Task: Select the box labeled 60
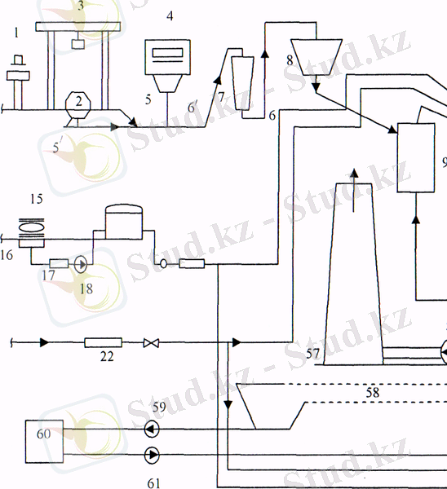tap(44, 441)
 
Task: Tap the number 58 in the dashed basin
tap(373, 393)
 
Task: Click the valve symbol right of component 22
tap(151, 343)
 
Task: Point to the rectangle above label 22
tap(104, 342)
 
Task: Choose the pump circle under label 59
tap(152, 430)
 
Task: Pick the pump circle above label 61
tap(152, 455)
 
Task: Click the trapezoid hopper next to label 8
tap(316, 57)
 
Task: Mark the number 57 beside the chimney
tap(313, 354)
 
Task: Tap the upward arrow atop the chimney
tap(354, 191)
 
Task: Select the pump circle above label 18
tap(81, 264)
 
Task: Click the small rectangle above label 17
tap(59, 263)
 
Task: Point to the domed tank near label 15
tap(124, 222)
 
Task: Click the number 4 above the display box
tap(170, 16)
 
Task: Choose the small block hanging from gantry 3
tap(77, 44)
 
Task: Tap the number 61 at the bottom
tap(154, 483)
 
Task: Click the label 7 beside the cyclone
tap(221, 97)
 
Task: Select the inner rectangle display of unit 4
tap(168, 53)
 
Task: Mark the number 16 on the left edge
tap(7, 255)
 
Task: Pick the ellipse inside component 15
tap(32, 227)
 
